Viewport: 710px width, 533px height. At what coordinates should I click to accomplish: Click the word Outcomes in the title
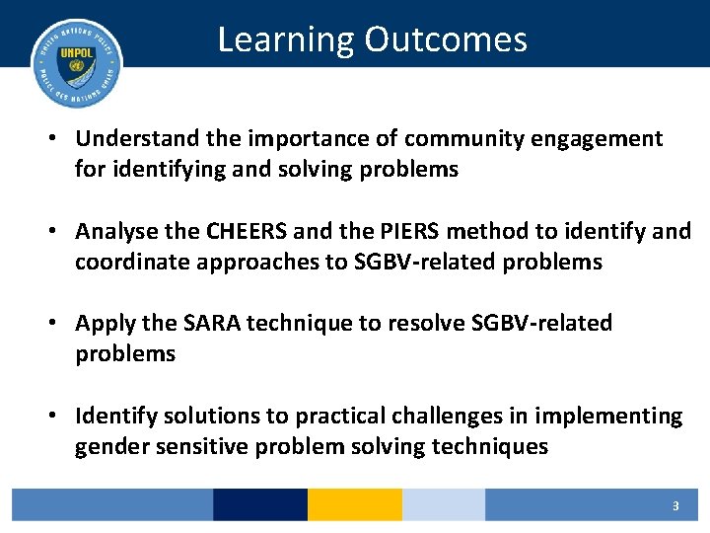446,39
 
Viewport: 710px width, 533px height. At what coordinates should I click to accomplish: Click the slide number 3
675,506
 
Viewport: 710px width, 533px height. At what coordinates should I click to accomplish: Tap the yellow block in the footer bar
354,505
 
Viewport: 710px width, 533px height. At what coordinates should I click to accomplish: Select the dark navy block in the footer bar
259,505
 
